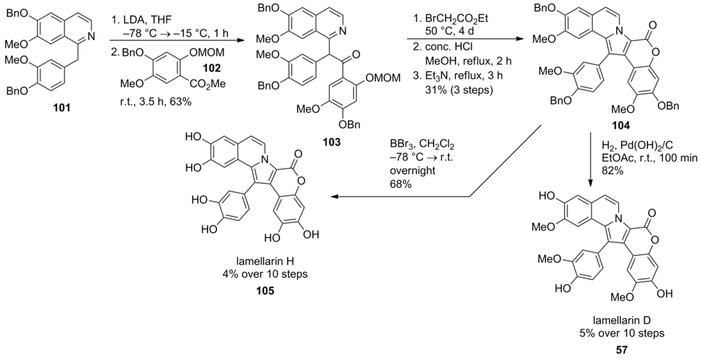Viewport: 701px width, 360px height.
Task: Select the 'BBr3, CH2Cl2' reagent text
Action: (420, 145)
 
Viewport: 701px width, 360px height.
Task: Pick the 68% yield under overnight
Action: (401, 185)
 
